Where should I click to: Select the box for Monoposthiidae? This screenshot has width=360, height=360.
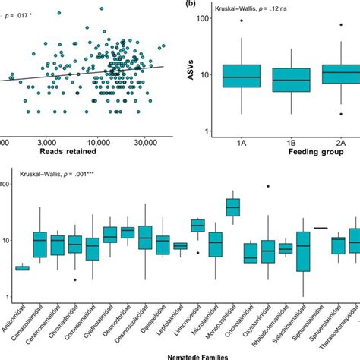(x=234, y=207)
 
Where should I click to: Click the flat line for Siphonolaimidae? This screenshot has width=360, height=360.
(x=321, y=228)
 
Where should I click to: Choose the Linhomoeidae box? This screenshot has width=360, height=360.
(x=198, y=225)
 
